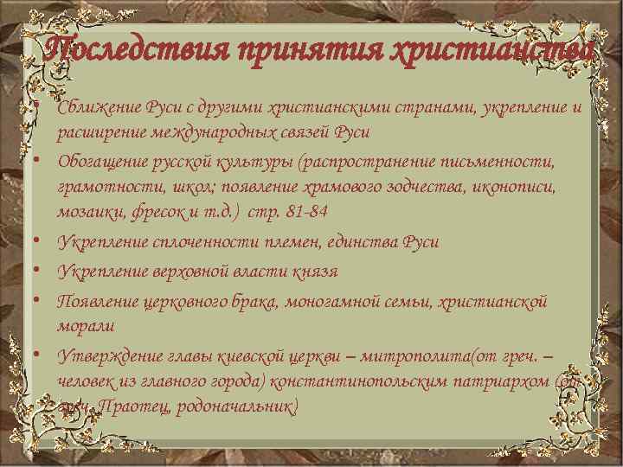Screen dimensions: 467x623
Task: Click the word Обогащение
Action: point(98,162)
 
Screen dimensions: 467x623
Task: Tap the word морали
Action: point(85,326)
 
